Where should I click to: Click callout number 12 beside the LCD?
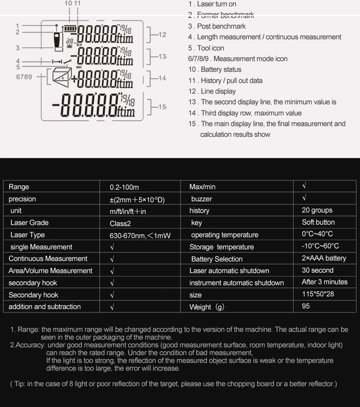(162, 34)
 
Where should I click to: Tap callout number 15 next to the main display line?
(162, 106)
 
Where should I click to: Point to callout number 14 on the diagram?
(162, 78)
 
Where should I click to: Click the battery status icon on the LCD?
(71, 29)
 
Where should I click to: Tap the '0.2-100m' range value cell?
(124, 187)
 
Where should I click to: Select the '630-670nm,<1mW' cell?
(140, 235)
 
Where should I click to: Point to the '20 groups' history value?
(317, 210)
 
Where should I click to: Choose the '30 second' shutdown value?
(317, 270)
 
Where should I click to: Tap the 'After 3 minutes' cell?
(325, 282)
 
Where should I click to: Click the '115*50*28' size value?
(318, 294)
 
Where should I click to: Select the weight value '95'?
(306, 306)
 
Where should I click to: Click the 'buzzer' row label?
(201, 199)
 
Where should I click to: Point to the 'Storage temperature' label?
(221, 247)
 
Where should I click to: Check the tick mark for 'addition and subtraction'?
(112, 307)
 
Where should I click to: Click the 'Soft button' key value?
(318, 222)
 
